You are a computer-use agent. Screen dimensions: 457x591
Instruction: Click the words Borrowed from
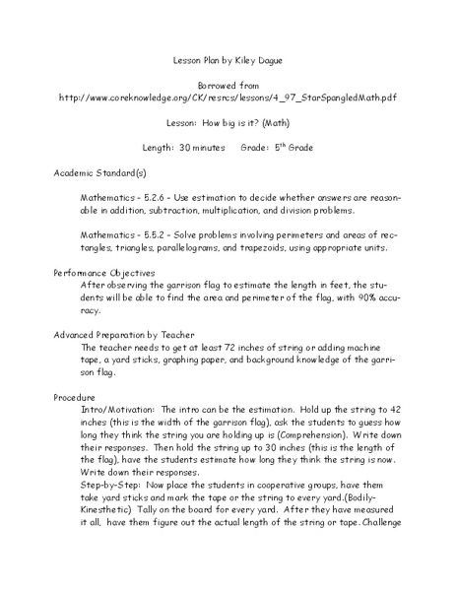228,84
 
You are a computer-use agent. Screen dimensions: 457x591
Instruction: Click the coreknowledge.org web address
228,98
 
